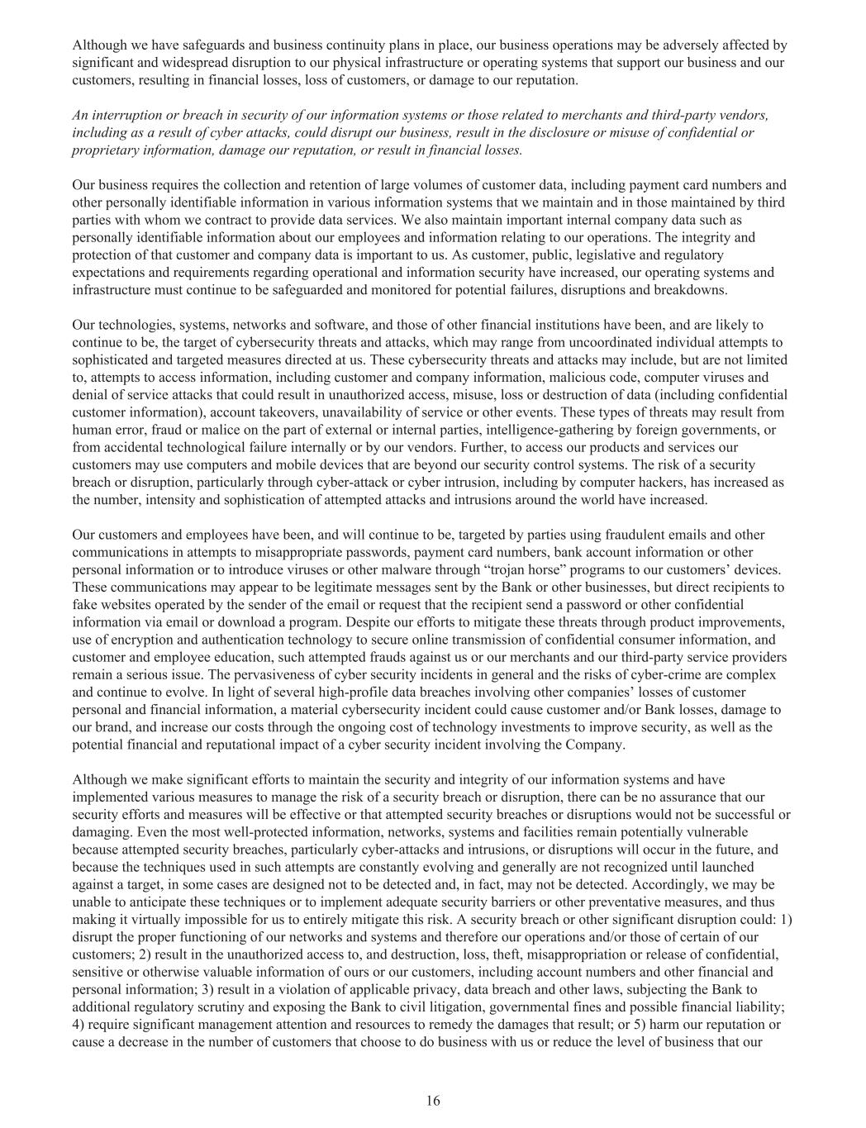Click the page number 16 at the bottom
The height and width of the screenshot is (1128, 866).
pos(433,1101)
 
